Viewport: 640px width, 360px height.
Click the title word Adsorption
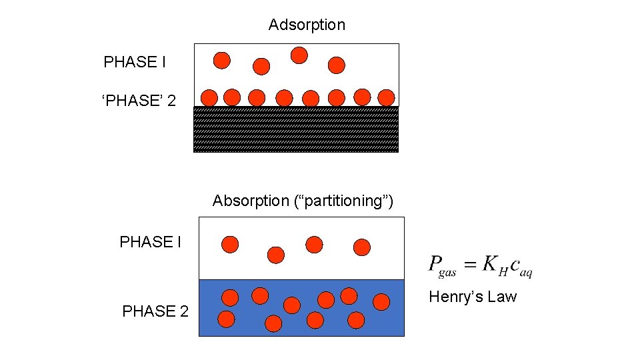307,25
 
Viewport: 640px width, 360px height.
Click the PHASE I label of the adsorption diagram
135,63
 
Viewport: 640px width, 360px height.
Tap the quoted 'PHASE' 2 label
139,101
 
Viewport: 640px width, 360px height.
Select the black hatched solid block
296,129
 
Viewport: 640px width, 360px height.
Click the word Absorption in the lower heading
251,201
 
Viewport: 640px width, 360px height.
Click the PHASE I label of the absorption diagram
150,242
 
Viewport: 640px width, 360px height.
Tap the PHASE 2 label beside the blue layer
155,311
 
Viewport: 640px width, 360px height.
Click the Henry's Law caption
473,297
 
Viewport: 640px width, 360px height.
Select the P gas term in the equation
442,265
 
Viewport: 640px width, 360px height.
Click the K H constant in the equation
494,265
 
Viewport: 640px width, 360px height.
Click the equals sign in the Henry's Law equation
470,264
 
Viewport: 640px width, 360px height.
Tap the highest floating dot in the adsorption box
299,55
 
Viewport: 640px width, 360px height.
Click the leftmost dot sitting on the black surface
209,98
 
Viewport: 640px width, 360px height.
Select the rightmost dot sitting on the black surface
386,98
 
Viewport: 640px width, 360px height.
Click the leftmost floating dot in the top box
222,61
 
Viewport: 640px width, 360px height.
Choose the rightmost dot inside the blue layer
381,303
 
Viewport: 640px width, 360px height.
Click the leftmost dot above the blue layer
230,245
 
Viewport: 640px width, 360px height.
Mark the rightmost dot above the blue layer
362,247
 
